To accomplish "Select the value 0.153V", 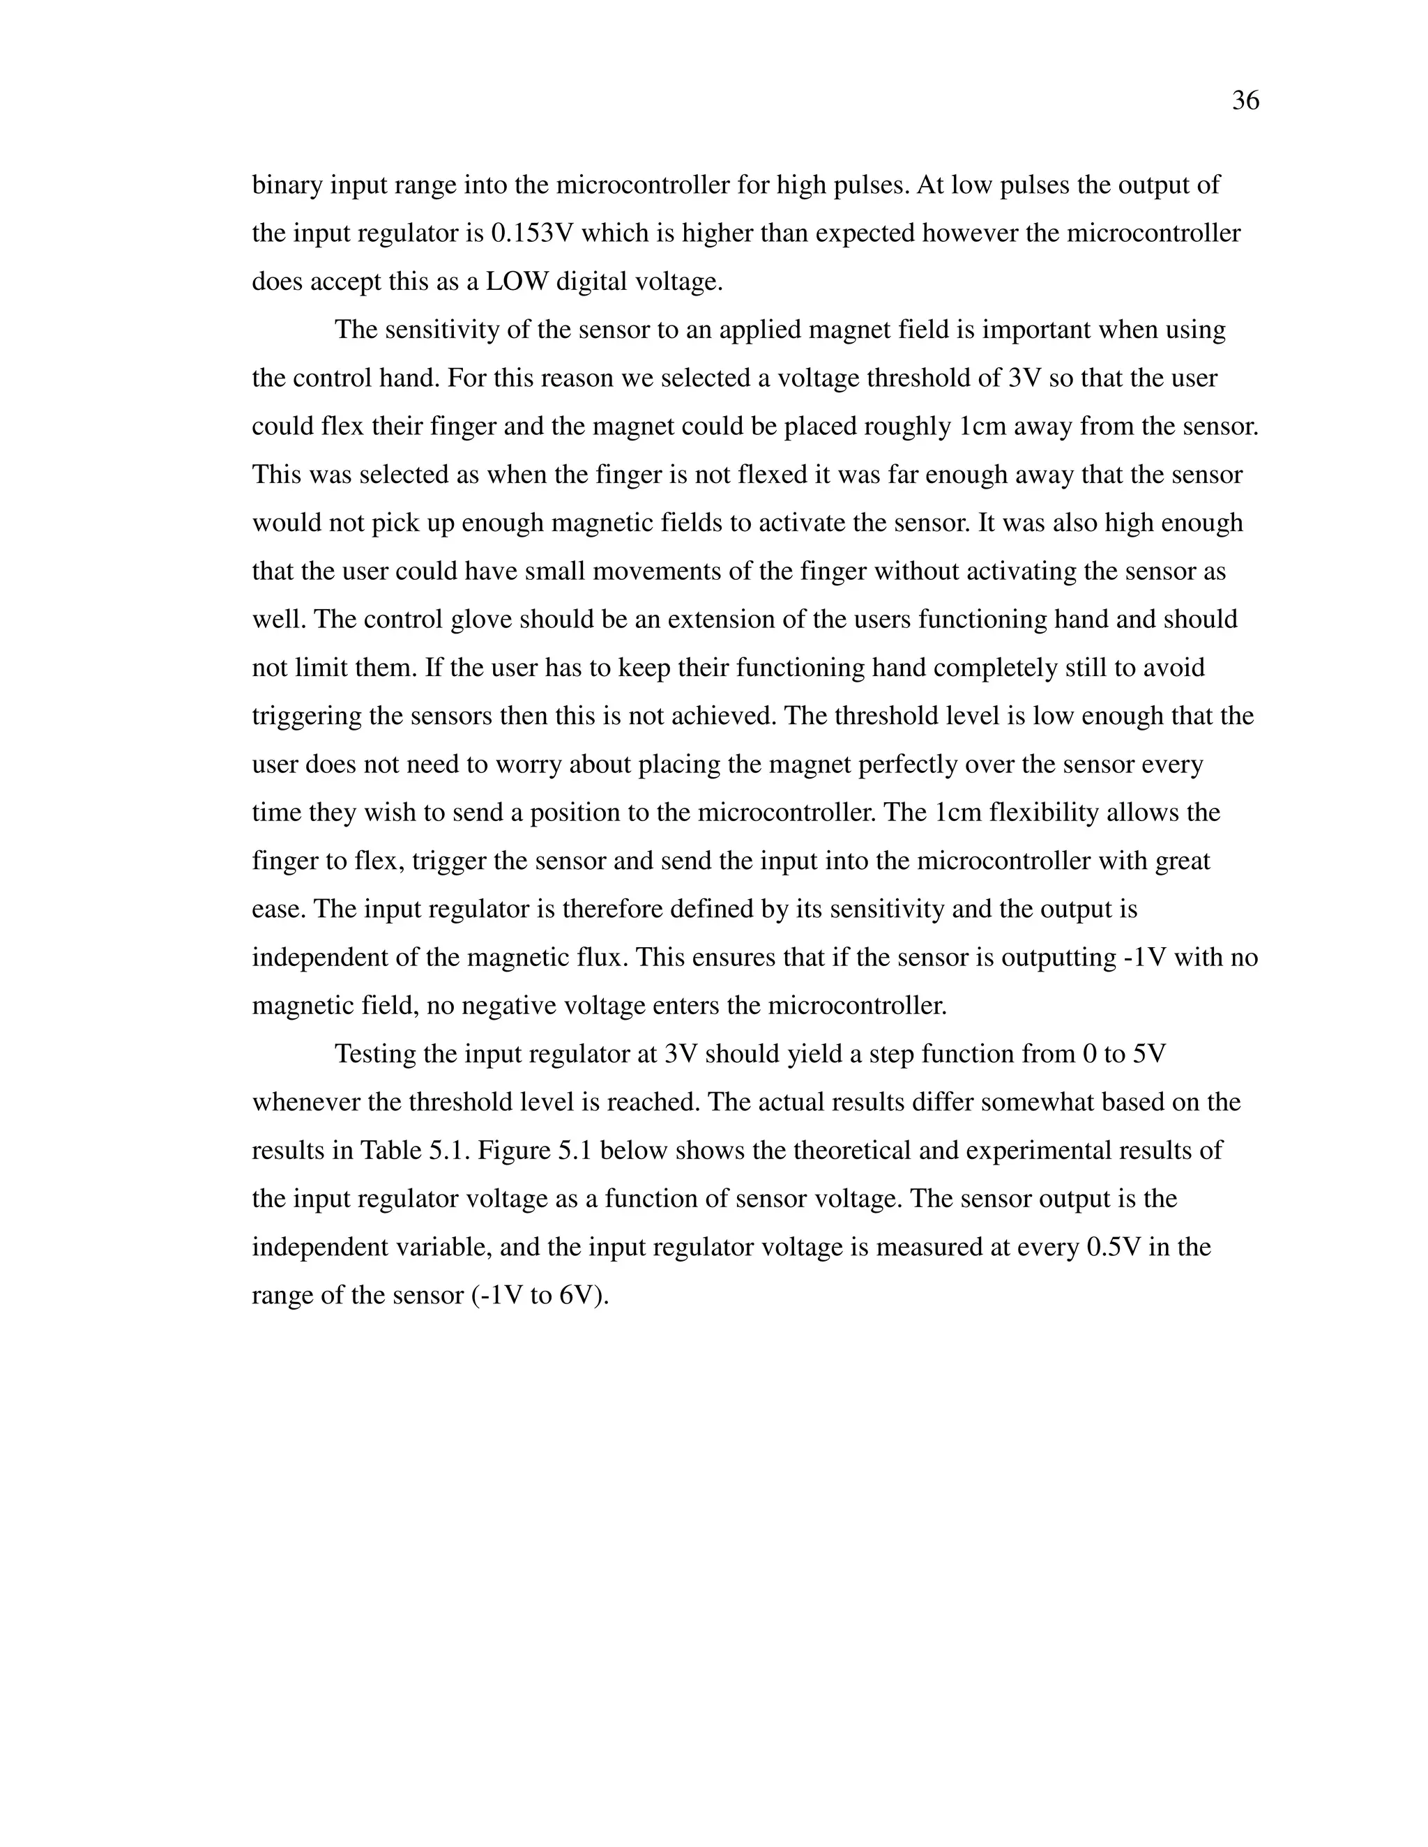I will pos(532,233).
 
